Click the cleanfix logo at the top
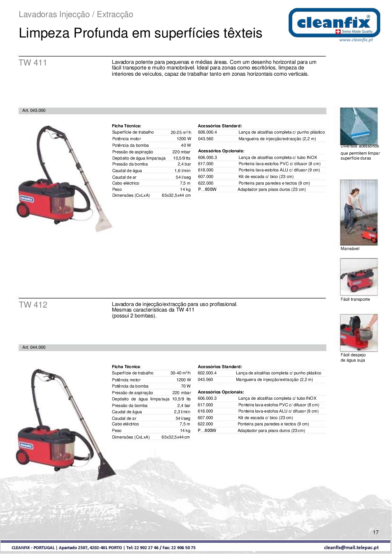(334, 23)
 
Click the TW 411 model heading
(33, 63)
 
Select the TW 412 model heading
(33, 305)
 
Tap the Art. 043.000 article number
(34, 111)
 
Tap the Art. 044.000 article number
(34, 347)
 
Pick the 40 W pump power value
(186, 145)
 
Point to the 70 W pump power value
(186, 386)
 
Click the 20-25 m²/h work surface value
(181, 133)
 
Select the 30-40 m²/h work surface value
(180, 373)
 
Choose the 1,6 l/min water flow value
(182, 171)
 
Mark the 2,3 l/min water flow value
(182, 412)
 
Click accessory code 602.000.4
(207, 373)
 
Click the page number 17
(376, 532)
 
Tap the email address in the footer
(351, 548)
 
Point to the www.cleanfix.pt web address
(356, 40)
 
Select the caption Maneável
(350, 249)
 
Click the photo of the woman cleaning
(358, 212)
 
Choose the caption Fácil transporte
(355, 299)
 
